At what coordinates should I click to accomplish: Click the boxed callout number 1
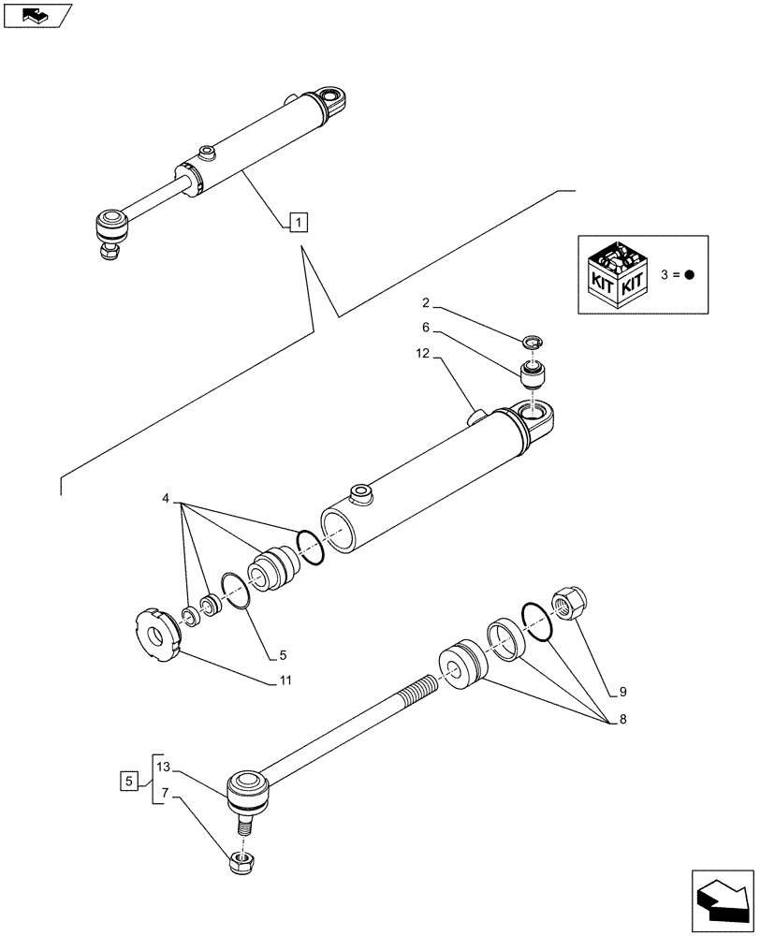296,223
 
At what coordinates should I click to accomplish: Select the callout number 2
425,303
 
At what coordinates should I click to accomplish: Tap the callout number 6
425,329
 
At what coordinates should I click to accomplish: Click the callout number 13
163,767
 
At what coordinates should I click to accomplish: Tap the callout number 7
163,795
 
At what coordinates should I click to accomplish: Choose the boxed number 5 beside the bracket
129,780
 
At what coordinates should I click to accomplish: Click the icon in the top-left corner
37,15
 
